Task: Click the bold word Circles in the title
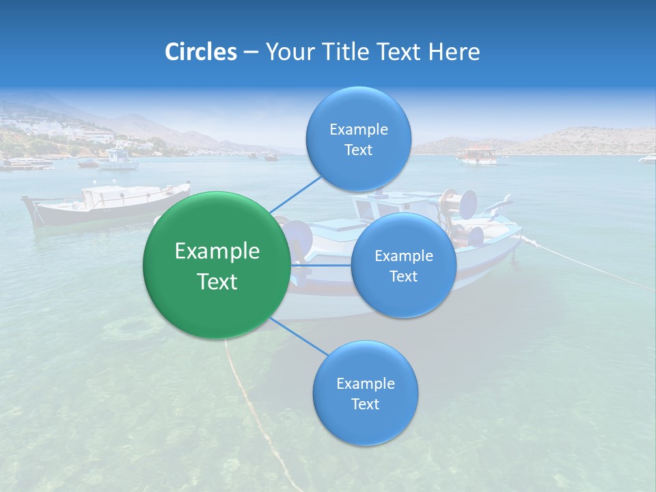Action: pos(200,52)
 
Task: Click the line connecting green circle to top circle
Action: pos(295,193)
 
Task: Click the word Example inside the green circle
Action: pos(217,251)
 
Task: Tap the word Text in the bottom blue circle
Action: pos(365,404)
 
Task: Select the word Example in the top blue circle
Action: pos(359,129)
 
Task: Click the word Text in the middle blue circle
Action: pos(403,276)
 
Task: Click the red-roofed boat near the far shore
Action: pos(478,155)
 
